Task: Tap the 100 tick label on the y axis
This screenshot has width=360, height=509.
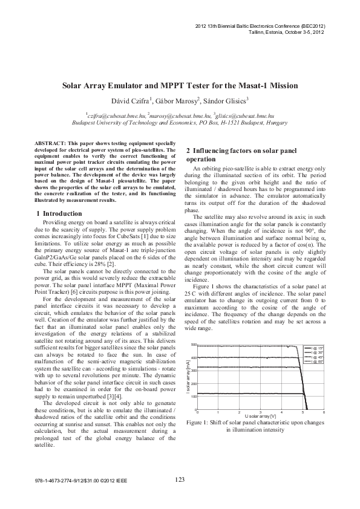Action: click(x=194, y=380)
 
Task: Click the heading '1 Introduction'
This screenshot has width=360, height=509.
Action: click(x=59, y=214)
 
